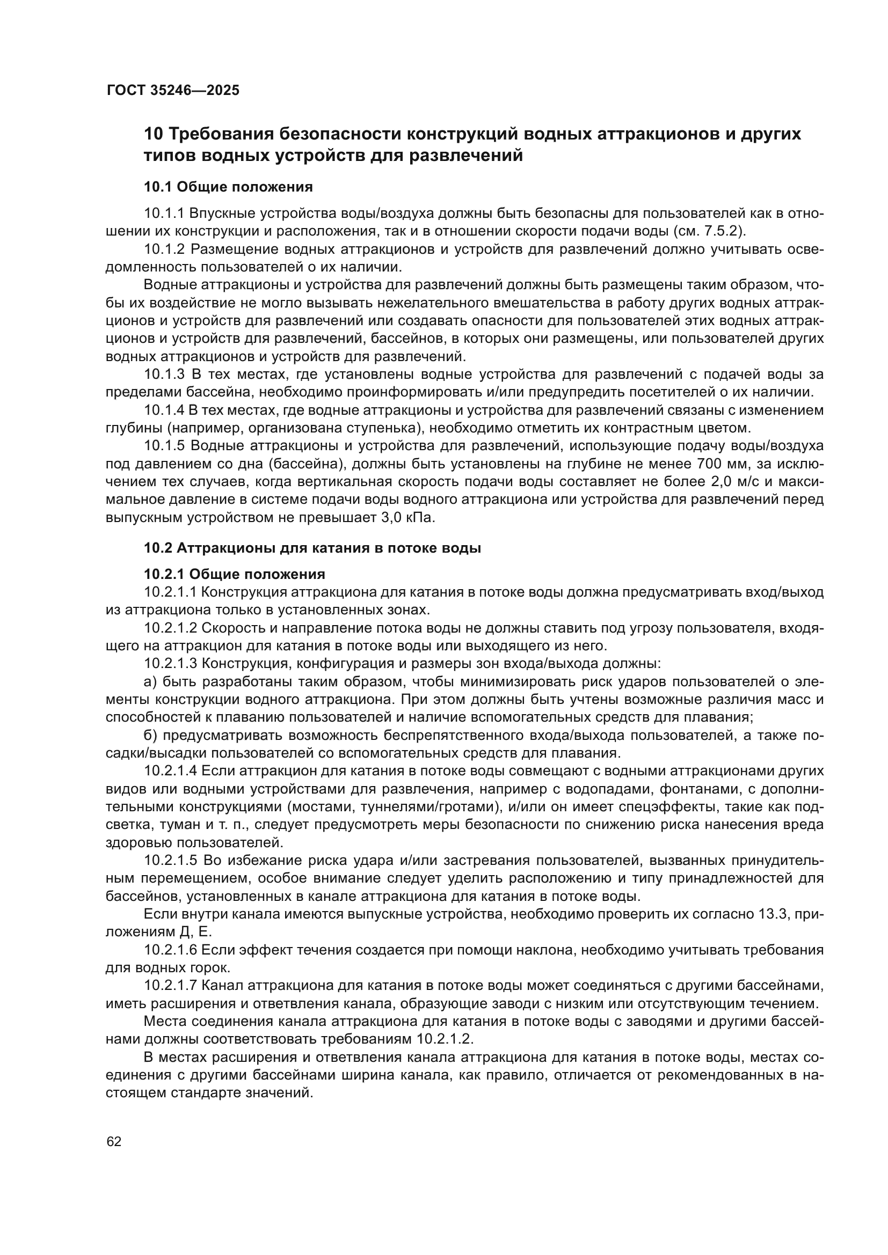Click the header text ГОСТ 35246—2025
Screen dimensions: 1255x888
tap(173, 90)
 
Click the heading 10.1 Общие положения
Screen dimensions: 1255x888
tap(228, 187)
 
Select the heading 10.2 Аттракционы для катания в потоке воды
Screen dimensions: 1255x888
tap(312, 548)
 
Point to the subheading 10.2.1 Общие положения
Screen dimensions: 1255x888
tap(235, 574)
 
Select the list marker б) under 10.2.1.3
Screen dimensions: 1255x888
tap(150, 736)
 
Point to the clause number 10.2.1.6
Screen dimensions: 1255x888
tap(171, 951)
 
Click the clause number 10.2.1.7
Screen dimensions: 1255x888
tap(171, 986)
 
